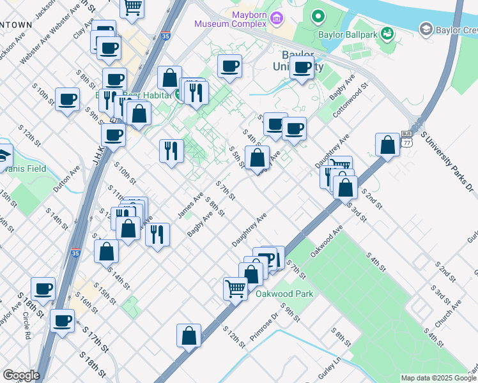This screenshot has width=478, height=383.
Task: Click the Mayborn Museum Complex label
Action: point(230,18)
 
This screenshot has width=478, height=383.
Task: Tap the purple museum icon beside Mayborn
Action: point(277,18)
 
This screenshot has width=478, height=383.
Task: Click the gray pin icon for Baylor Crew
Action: point(426,29)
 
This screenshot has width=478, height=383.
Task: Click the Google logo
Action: point(21,375)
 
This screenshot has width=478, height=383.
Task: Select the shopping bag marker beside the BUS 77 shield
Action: point(387,144)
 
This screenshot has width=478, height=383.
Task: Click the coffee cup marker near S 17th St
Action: point(63,320)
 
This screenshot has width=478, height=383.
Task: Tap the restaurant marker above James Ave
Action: point(171,150)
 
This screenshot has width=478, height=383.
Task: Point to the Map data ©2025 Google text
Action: point(438,378)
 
